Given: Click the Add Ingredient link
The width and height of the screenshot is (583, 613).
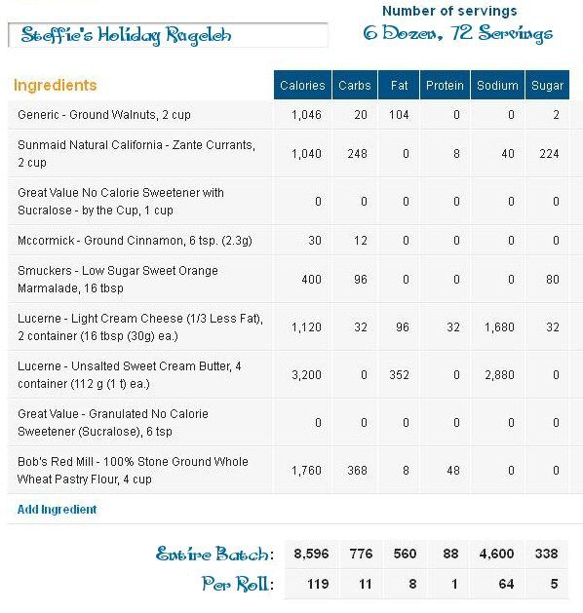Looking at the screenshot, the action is pos(57,510).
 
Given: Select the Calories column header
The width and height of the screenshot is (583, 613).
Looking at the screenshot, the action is pos(302,85).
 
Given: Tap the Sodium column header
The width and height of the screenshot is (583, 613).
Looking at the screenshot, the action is pos(497,85).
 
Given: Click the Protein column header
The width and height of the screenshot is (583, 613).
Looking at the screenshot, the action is pos(445,85).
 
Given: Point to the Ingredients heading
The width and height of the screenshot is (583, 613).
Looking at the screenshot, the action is pos(56,85).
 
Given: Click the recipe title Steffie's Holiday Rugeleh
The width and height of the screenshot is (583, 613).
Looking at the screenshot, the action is pos(126,35).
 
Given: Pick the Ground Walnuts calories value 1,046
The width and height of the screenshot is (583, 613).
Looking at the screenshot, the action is pos(306,115).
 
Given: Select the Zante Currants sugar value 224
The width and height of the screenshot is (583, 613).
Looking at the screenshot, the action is pos(549,154).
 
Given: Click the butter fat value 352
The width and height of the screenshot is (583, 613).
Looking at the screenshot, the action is pos(399,375).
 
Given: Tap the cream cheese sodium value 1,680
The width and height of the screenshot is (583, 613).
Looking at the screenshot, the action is pos(499,327).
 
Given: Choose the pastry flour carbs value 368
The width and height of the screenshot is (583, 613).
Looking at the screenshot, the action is pos(357,471).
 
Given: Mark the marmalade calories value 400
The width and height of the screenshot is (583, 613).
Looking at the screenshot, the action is pos(311,280).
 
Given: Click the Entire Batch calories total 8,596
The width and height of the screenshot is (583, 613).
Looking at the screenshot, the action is pos(311,554).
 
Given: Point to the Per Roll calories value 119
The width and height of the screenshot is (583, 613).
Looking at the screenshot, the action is pos(318,584).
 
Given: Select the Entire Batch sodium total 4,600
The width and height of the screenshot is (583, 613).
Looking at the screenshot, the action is pos(496,554).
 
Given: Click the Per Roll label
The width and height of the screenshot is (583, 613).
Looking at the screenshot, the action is pos(238,584).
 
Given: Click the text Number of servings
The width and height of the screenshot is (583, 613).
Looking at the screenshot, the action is pos(449,11).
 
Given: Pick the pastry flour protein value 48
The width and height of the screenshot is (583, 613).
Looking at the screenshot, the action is pos(452,471).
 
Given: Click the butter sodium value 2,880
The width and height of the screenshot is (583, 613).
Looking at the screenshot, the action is pos(499,375).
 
